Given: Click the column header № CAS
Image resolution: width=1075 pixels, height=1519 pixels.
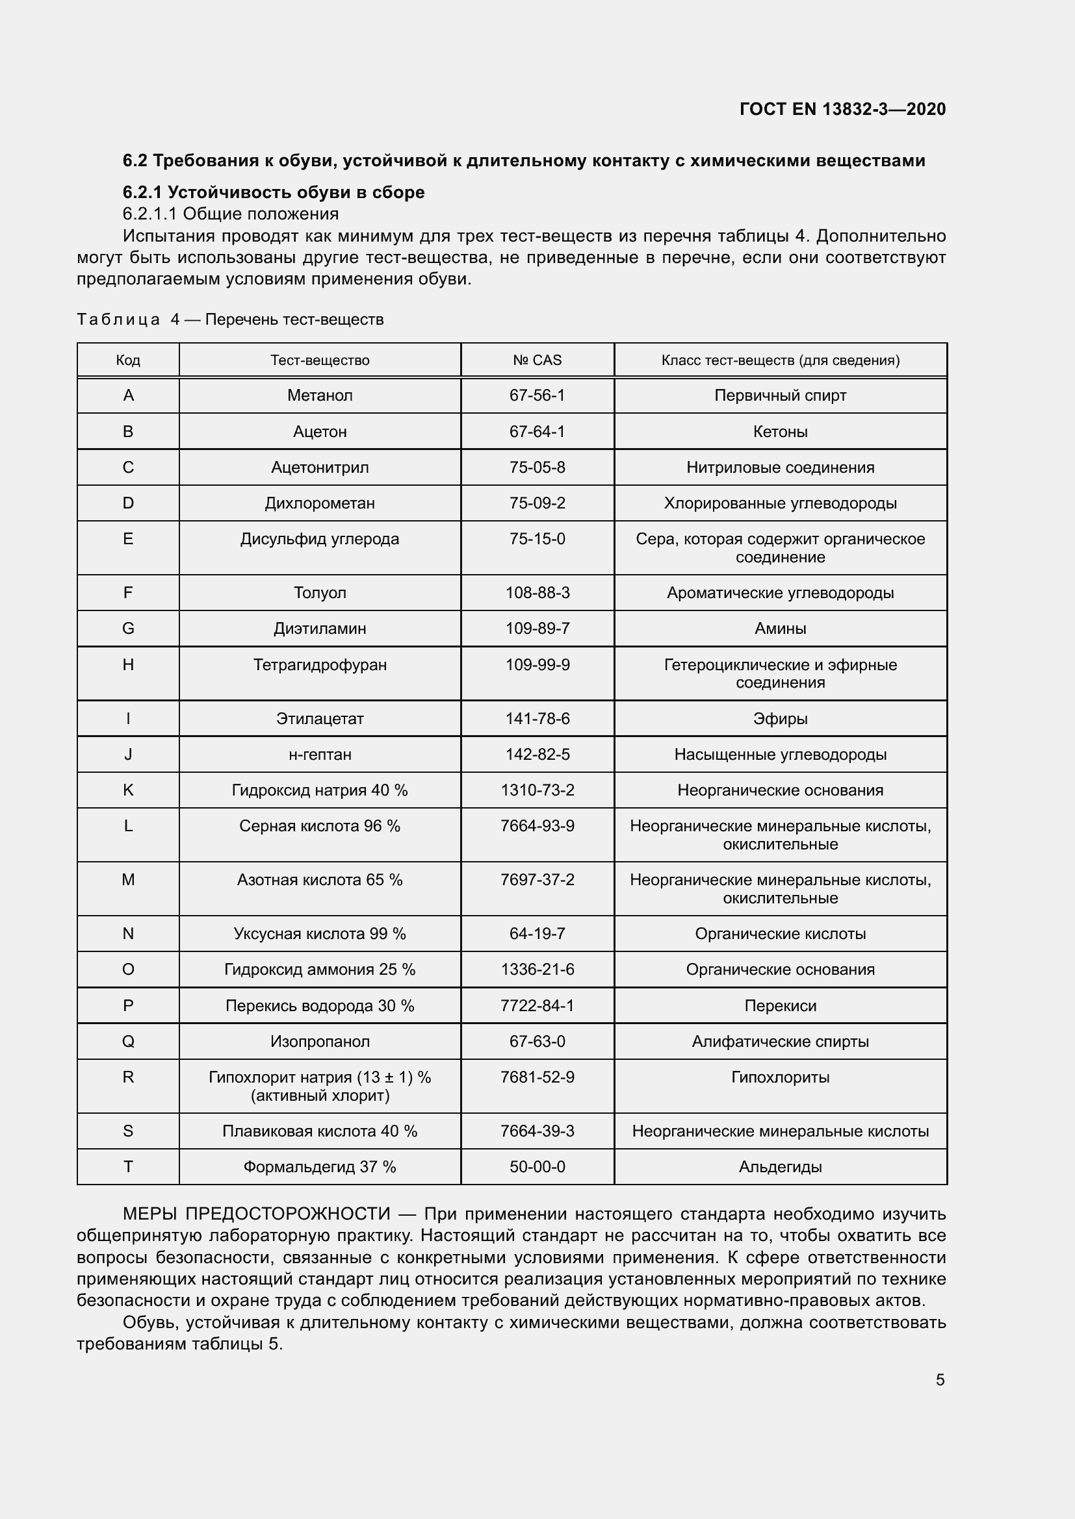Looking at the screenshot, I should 537,360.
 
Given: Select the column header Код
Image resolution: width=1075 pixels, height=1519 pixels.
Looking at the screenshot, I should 128,360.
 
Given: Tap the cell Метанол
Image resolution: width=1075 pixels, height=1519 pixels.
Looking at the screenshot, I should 320,395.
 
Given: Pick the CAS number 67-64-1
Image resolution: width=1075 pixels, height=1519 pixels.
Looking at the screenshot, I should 537,431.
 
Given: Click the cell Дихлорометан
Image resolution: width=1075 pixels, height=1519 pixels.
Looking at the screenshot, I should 320,503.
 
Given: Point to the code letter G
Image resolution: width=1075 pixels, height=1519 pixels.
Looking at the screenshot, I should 128,629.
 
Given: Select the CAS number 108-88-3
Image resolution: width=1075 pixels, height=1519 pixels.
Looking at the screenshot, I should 537,593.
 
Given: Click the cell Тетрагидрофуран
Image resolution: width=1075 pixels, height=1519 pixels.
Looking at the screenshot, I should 320,665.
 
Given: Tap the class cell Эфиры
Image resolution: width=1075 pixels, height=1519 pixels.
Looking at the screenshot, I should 780,718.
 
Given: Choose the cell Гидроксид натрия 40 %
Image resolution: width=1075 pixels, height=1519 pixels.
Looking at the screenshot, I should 320,790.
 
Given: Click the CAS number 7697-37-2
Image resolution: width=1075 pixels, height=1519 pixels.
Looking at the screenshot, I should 537,880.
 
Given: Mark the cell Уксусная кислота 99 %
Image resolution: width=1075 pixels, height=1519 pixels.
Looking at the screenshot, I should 320,933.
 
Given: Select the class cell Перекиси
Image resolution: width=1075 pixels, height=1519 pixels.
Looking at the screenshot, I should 780,1005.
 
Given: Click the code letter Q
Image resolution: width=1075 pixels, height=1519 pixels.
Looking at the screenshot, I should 128,1041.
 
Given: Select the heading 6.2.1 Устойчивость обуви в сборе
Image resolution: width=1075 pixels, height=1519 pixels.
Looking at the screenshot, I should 274,192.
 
